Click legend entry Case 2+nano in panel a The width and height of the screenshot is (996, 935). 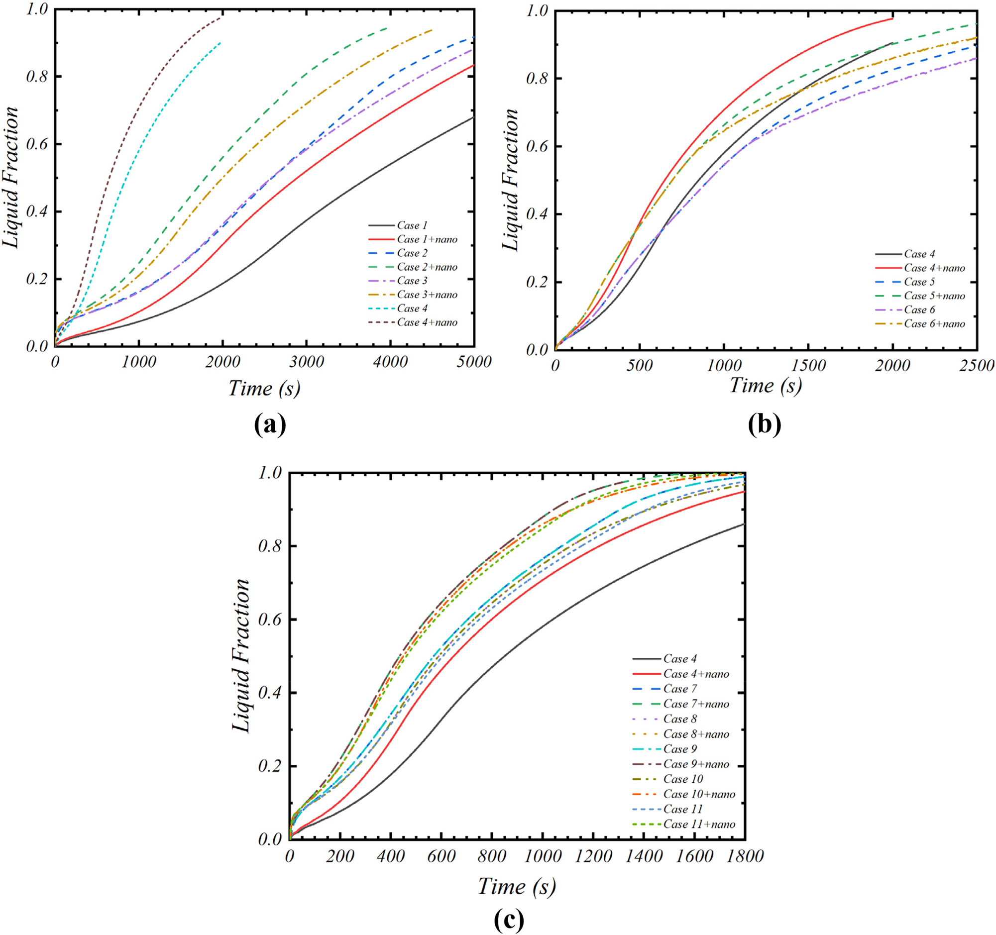tap(427, 267)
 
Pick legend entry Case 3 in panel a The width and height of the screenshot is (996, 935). tap(412, 281)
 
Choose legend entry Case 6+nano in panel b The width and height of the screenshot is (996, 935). tap(934, 324)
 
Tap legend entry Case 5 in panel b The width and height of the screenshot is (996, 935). tap(919, 282)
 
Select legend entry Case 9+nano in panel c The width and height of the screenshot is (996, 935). tap(696, 764)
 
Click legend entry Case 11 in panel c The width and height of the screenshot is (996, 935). tap(683, 809)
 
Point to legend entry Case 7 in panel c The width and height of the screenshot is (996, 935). tap(680, 689)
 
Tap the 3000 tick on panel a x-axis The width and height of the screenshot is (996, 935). tap(306, 362)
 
